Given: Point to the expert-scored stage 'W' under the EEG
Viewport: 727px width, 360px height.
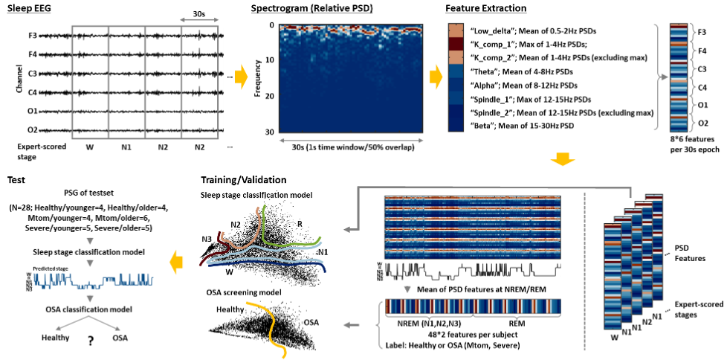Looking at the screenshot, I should (90, 147).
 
